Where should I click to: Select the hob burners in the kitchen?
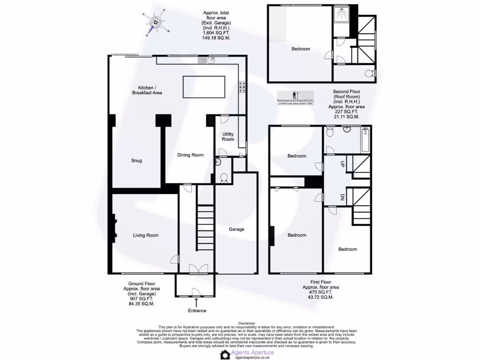tap(243, 88)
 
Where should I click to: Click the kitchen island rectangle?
tap(203, 87)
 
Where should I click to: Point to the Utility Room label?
tap(228, 136)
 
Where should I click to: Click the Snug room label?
tap(136, 161)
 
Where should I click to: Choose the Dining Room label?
tap(190, 155)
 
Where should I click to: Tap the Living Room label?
tap(146, 235)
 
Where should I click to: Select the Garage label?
tap(237, 229)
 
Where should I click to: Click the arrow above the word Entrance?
tap(196, 303)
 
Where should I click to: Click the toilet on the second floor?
tap(371, 73)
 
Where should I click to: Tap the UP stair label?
tap(342, 165)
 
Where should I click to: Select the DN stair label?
tap(342, 197)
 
